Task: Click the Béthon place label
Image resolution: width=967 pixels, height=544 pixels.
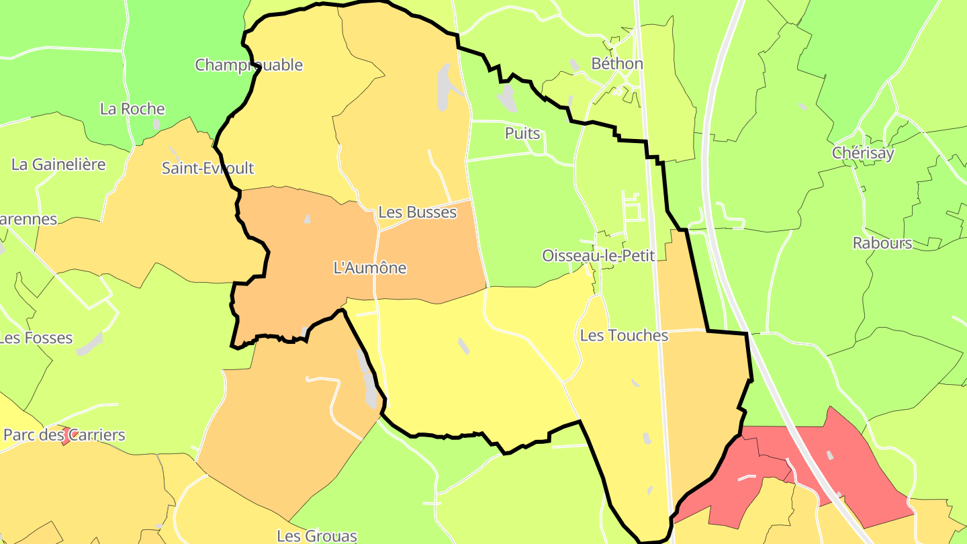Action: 616,64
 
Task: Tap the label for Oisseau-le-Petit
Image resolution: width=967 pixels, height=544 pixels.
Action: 598,256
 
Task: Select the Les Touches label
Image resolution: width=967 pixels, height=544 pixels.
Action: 624,335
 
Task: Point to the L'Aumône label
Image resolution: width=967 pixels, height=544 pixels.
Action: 370,267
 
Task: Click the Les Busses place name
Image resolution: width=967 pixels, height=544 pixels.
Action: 417,212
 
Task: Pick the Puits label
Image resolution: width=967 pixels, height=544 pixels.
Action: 522,133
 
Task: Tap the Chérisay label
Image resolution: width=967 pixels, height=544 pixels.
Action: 863,152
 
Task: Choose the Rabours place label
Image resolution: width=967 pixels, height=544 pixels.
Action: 882,243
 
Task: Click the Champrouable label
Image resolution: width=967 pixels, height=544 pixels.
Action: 248,65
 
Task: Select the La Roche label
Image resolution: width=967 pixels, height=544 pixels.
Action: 132,109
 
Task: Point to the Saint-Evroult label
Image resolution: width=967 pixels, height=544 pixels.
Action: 208,168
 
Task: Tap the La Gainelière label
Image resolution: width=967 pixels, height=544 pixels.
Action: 58,164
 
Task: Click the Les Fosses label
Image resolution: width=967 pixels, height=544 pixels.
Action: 36,338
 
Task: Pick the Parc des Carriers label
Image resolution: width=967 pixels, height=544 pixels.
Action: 64,435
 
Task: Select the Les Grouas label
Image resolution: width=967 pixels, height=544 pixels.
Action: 317,536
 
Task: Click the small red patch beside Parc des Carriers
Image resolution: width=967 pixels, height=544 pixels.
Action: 66,438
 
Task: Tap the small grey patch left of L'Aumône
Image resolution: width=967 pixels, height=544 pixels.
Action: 308,219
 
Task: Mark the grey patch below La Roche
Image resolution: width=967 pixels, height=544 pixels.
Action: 156,124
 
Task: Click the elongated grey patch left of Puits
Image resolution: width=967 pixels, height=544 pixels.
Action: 508,98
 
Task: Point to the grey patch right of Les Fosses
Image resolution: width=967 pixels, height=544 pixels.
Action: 89,343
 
